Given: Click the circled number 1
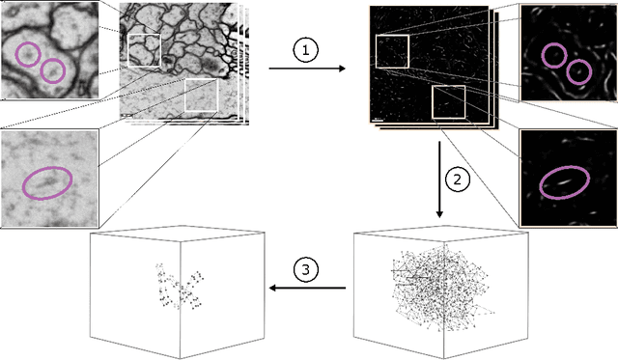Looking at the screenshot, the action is coord(304,53).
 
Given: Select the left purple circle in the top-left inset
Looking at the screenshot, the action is coord(29,55).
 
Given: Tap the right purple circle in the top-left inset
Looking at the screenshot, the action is coord(52,70).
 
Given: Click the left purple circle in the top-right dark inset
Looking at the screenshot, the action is coord(553,55).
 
